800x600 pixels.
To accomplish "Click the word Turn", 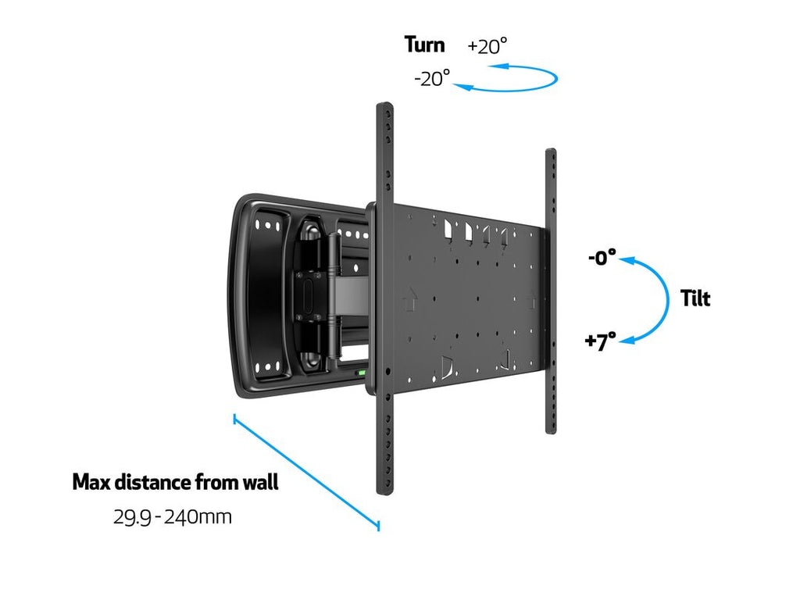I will (x=424, y=45).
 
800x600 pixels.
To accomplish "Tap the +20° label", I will (x=487, y=46).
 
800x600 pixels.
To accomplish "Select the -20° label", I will (x=432, y=78).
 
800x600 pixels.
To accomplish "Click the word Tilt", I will (x=695, y=298).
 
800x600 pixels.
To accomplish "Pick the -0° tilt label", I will (x=602, y=258).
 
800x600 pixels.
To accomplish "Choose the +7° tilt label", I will (x=600, y=341).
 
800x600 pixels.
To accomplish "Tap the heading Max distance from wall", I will (x=175, y=482).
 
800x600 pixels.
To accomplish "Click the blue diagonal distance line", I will (x=306, y=472).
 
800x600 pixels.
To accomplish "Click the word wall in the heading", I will (x=259, y=482).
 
